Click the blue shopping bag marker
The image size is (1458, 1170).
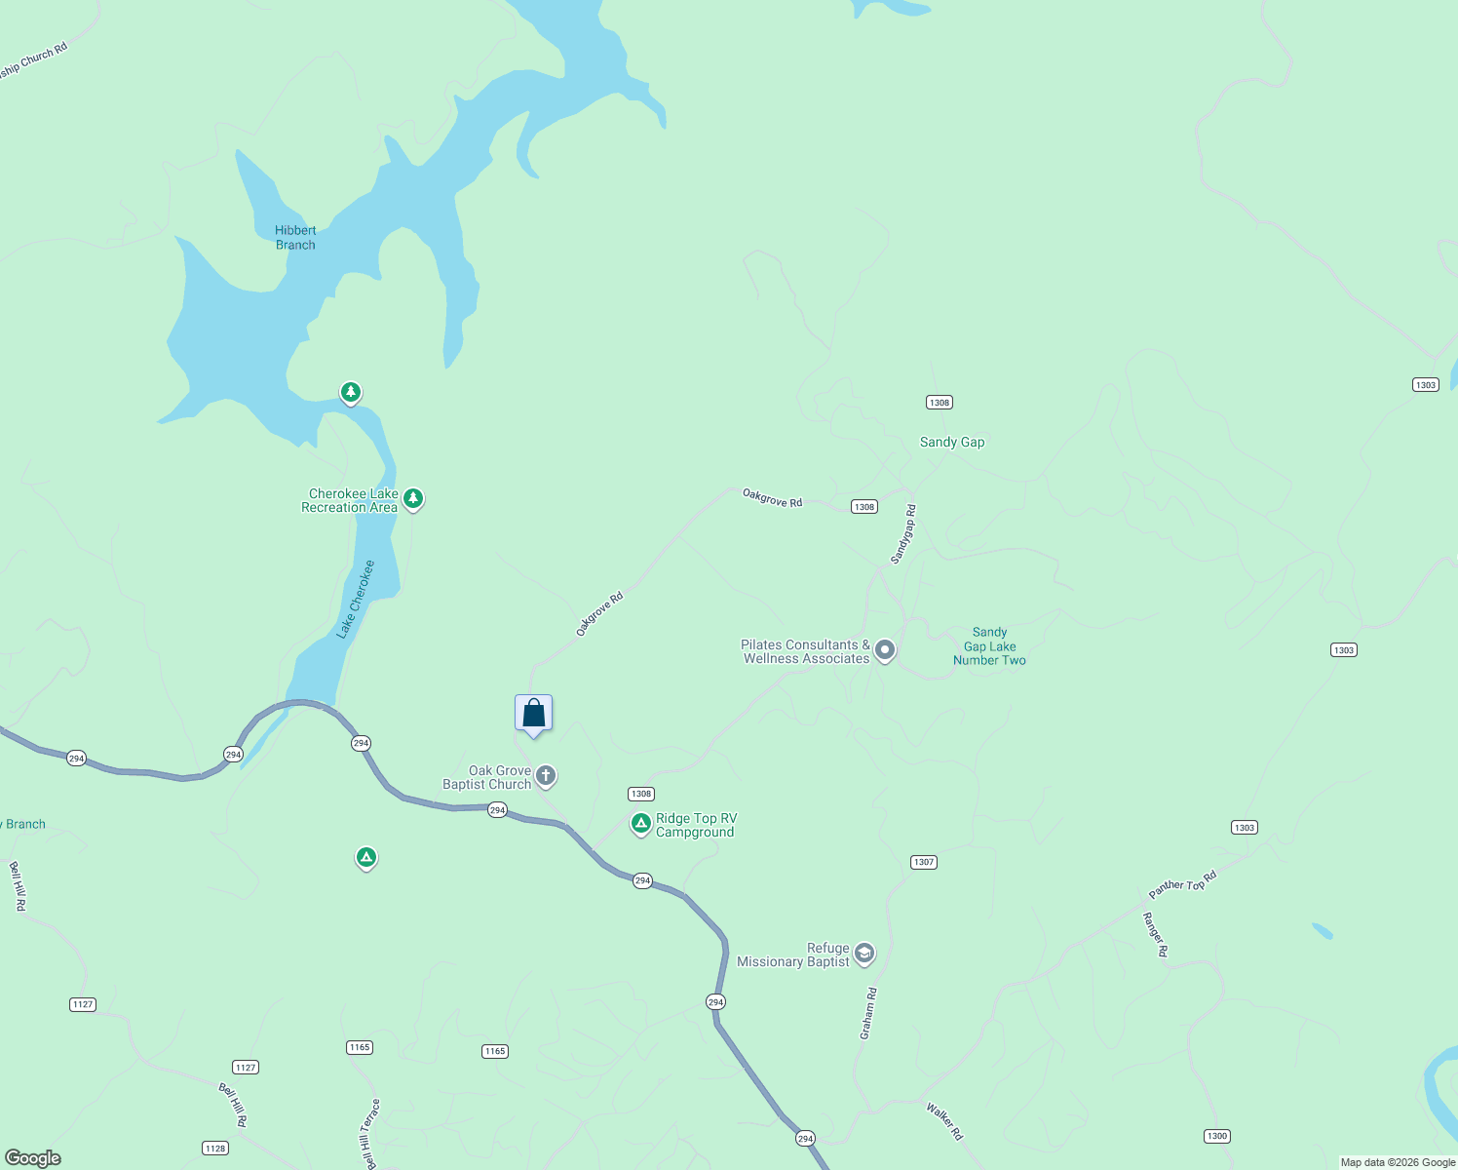(533, 713)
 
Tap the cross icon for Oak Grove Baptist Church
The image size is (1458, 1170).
(546, 775)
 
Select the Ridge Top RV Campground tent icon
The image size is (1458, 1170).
(640, 824)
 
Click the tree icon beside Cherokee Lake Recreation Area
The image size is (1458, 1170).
(413, 498)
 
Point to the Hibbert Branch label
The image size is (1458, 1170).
(295, 238)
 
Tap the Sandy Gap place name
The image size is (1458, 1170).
(952, 442)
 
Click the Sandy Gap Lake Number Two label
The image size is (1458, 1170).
(989, 646)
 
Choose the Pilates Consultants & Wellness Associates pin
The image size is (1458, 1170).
(884, 649)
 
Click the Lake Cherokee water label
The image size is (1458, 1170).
(356, 600)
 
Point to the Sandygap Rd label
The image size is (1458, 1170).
(903, 534)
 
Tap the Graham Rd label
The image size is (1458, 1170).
(868, 1013)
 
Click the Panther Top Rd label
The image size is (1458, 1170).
(1182, 883)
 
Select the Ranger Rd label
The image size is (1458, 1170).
(1155, 934)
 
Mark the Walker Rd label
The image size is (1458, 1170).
(944, 1121)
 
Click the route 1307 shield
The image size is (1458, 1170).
(923, 862)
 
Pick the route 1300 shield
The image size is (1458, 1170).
(1216, 1136)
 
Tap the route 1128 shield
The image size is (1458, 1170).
(215, 1149)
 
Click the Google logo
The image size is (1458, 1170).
(33, 1158)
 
